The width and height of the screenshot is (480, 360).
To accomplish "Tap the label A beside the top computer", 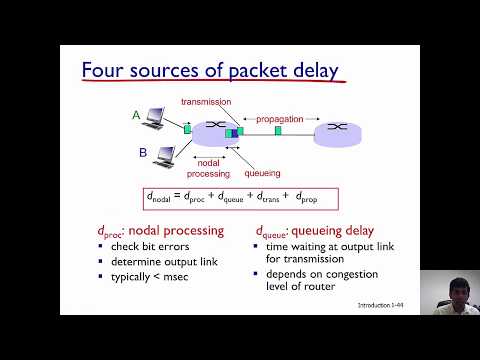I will click(136, 115).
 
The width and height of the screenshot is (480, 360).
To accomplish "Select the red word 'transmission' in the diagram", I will click(205, 102).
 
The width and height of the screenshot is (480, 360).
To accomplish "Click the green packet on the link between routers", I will click(279, 130).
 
